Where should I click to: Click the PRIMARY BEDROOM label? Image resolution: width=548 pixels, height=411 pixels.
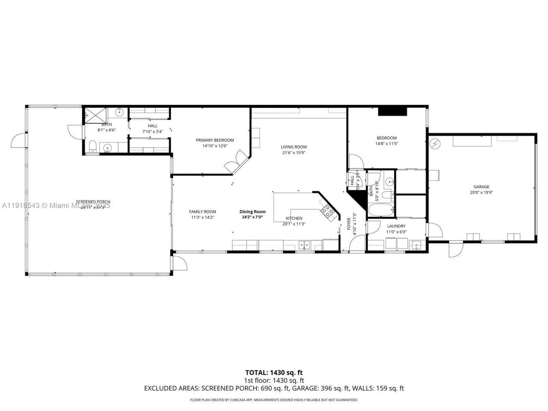(x=215, y=140)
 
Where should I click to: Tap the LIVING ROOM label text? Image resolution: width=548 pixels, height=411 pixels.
(x=294, y=147)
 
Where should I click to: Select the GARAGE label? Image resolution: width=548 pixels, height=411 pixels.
(x=481, y=187)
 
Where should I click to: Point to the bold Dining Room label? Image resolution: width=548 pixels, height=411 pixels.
(x=252, y=211)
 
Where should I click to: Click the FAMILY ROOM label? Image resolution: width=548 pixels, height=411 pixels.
(x=203, y=211)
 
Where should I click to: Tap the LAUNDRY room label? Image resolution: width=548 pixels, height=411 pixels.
(x=396, y=226)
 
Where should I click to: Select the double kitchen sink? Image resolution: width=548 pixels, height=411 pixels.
(x=304, y=245)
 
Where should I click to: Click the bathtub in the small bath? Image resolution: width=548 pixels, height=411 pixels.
(x=381, y=211)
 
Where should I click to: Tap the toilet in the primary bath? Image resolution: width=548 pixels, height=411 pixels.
(x=92, y=147)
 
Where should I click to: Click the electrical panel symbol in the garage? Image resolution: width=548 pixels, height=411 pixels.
(x=435, y=143)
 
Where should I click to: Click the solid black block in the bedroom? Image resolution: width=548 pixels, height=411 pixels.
(x=392, y=110)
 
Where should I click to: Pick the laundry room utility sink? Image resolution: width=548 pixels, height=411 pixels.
(x=415, y=245)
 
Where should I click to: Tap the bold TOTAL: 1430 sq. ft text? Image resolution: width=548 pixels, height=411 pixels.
(x=274, y=372)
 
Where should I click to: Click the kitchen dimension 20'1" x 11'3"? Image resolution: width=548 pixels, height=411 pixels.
(x=294, y=223)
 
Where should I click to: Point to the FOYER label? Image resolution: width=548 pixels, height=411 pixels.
(x=348, y=224)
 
